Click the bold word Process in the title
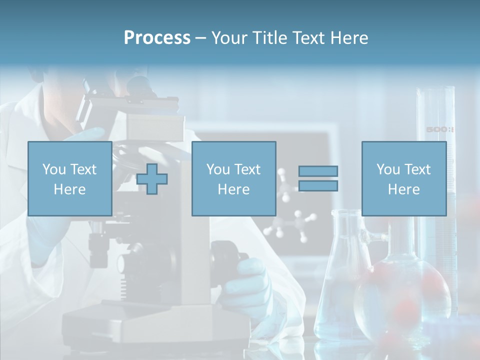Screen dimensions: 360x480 (157, 38)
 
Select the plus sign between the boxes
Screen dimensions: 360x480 (152, 179)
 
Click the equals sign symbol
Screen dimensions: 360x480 (318, 178)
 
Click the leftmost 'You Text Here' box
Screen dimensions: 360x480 (69, 178)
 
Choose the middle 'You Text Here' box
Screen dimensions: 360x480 (233, 178)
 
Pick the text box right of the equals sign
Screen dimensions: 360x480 (403, 178)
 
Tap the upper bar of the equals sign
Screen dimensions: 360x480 (318, 171)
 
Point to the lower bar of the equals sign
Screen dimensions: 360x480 (318, 186)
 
